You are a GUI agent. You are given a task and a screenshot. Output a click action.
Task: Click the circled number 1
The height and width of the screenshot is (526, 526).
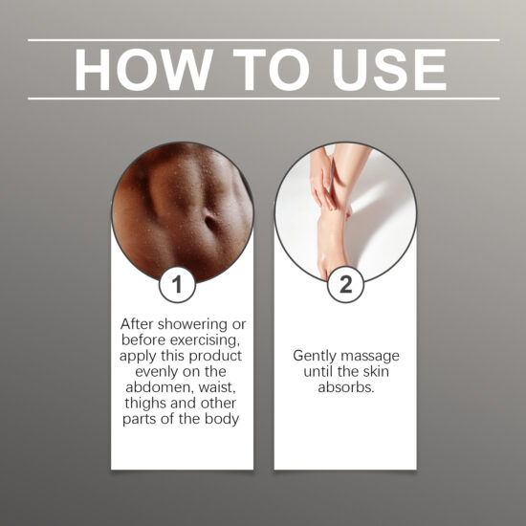pyautogui.click(x=182, y=284)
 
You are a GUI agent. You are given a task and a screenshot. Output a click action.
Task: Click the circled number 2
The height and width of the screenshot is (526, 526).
pyautogui.click(x=345, y=284)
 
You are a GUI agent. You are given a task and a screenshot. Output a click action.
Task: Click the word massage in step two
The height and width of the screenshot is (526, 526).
pyautogui.click(x=371, y=355)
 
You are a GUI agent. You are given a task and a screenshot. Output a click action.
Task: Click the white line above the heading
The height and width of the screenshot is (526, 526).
pyautogui.click(x=263, y=40)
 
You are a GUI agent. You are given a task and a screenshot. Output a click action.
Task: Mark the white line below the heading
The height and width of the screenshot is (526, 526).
pyautogui.click(x=263, y=99)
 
